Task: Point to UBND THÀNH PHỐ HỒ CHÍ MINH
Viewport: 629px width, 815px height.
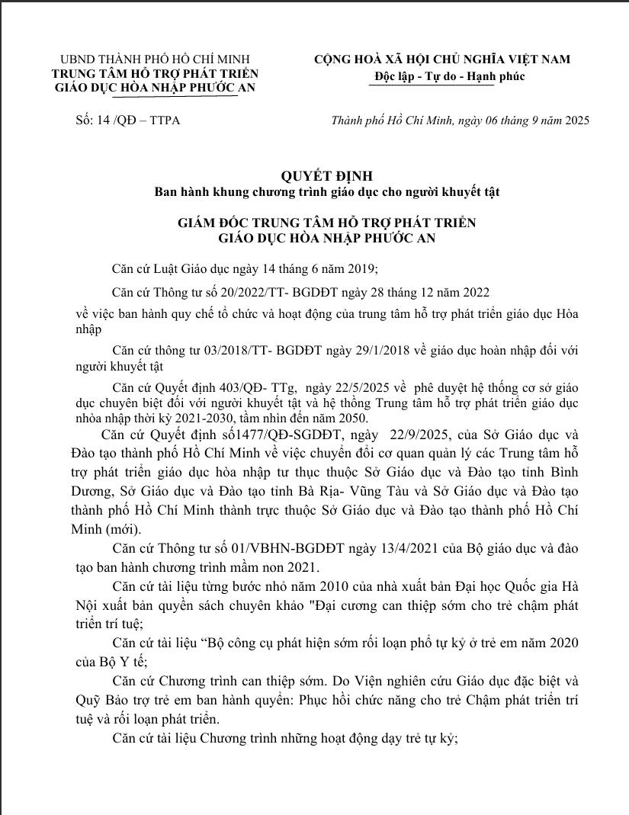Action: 154,59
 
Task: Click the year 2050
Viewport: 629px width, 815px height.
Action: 351,418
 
